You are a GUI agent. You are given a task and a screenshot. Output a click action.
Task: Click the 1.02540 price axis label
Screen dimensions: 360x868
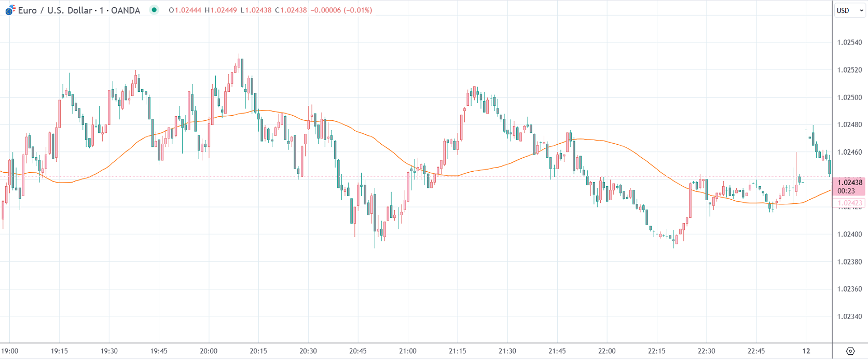pyautogui.click(x=849, y=43)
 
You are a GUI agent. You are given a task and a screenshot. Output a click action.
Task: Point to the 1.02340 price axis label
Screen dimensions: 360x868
pyautogui.click(x=849, y=316)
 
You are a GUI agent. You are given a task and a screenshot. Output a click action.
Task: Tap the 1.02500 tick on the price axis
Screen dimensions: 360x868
pyautogui.click(x=849, y=98)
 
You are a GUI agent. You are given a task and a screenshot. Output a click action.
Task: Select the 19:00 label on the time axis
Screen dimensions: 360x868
pyautogui.click(x=10, y=351)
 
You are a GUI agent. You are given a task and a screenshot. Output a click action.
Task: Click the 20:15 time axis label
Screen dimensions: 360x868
pyautogui.click(x=258, y=351)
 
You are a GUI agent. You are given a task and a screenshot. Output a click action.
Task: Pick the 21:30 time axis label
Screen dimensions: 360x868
pyautogui.click(x=507, y=351)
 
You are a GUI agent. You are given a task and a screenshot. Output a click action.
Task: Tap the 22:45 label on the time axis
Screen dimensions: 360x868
pyautogui.click(x=756, y=351)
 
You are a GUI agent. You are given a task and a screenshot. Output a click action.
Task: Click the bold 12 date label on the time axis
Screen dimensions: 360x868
pyautogui.click(x=806, y=351)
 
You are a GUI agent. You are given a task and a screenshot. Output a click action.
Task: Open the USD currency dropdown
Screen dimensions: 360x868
pyautogui.click(x=849, y=10)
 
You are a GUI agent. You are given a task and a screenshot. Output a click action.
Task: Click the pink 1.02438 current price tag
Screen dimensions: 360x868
pyautogui.click(x=849, y=182)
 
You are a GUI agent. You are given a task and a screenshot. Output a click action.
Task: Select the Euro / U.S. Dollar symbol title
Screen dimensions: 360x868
pyautogui.click(x=79, y=10)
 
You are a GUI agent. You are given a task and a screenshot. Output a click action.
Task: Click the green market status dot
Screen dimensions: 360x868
pyautogui.click(x=154, y=10)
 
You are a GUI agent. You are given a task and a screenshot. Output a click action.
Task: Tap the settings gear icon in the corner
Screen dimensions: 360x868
pyautogui.click(x=850, y=351)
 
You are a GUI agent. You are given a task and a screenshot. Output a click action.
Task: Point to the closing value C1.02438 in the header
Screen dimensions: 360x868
pyautogui.click(x=291, y=10)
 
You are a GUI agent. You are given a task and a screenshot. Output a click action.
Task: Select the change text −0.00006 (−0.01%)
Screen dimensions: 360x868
pyautogui.click(x=341, y=10)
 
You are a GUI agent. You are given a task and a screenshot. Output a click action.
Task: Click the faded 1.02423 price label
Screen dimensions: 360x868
pyautogui.click(x=849, y=203)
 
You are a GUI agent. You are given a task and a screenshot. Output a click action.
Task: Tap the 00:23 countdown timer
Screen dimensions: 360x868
pyautogui.click(x=846, y=191)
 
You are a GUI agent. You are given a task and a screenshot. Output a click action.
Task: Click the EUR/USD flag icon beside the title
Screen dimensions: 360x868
pyautogui.click(x=10, y=10)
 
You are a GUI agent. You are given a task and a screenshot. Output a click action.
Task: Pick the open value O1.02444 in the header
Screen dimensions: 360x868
pyautogui.click(x=185, y=10)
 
